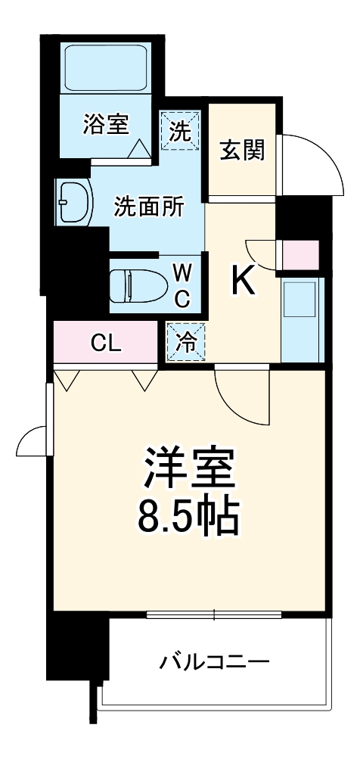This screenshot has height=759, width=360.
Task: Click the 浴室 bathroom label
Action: pyautogui.click(x=105, y=123)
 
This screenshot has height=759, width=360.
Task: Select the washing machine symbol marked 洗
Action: pyautogui.click(x=181, y=131)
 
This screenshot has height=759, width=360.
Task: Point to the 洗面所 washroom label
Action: pyautogui.click(x=148, y=206)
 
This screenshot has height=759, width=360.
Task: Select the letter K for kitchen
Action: pyautogui.click(x=244, y=282)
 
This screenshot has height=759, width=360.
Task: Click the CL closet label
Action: pyautogui.click(x=106, y=343)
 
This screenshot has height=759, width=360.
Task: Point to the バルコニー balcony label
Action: pyautogui.click(x=214, y=664)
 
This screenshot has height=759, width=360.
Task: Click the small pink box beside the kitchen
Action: pyautogui.click(x=300, y=255)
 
